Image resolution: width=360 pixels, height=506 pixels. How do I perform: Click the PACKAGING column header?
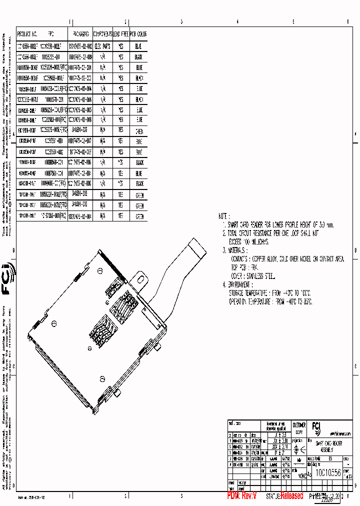pyautogui.click(x=80, y=34)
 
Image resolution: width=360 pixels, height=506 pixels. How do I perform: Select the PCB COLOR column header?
pyautogui.click(x=138, y=34)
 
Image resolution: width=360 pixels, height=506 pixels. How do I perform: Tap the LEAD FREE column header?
pyautogui.click(x=120, y=34)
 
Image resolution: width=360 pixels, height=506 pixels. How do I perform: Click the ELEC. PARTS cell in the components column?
pyautogui.click(x=102, y=45)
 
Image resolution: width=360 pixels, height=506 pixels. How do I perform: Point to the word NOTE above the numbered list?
pyautogui.click(x=223, y=216)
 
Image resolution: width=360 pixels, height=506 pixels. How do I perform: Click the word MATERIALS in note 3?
pyautogui.click(x=237, y=249)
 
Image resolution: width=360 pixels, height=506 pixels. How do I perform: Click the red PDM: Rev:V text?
pyautogui.click(x=242, y=495)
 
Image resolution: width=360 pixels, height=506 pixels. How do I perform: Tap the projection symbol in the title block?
pyautogui.click(x=299, y=449)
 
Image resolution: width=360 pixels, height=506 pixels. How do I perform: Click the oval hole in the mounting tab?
pyautogui.click(x=140, y=276)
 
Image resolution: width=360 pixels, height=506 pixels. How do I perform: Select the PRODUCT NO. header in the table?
pyautogui.click(x=27, y=34)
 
